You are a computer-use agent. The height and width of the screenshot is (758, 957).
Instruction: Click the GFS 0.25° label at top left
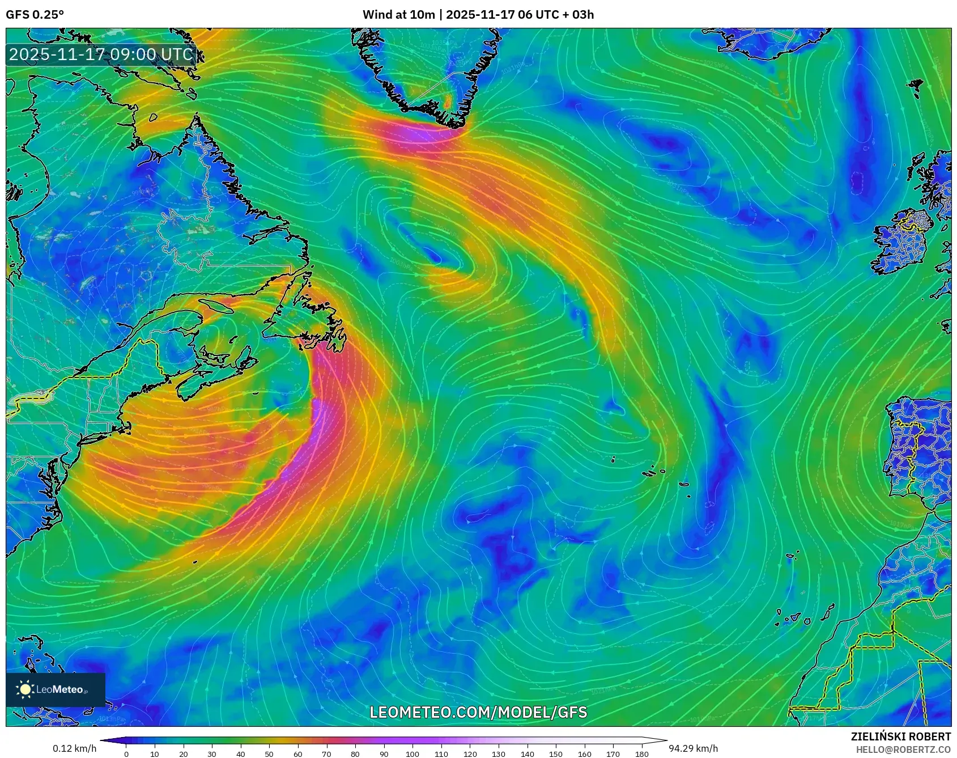point(35,15)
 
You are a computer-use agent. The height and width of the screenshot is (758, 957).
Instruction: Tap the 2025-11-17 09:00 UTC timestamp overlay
point(101,54)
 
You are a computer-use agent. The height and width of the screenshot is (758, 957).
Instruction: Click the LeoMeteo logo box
point(56,689)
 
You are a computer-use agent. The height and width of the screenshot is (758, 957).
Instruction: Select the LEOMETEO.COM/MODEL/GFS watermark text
point(478,712)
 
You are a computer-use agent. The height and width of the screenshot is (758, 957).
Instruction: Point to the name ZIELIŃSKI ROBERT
point(900,736)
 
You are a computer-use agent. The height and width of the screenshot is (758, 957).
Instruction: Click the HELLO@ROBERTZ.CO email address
point(903,749)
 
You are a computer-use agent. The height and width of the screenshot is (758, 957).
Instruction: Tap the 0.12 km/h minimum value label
point(74,748)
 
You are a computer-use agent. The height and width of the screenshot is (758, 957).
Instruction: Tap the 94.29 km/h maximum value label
point(693,748)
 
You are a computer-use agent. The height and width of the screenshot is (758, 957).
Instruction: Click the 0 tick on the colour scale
point(126,754)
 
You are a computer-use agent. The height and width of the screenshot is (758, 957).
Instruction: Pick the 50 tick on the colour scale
point(269,754)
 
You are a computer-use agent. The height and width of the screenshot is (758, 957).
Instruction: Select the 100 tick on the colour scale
point(412,754)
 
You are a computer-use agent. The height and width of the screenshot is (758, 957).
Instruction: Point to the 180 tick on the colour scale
point(642,754)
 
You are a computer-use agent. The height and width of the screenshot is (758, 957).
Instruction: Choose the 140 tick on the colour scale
point(527,754)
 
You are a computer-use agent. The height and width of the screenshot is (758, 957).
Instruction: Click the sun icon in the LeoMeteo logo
point(25,689)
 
